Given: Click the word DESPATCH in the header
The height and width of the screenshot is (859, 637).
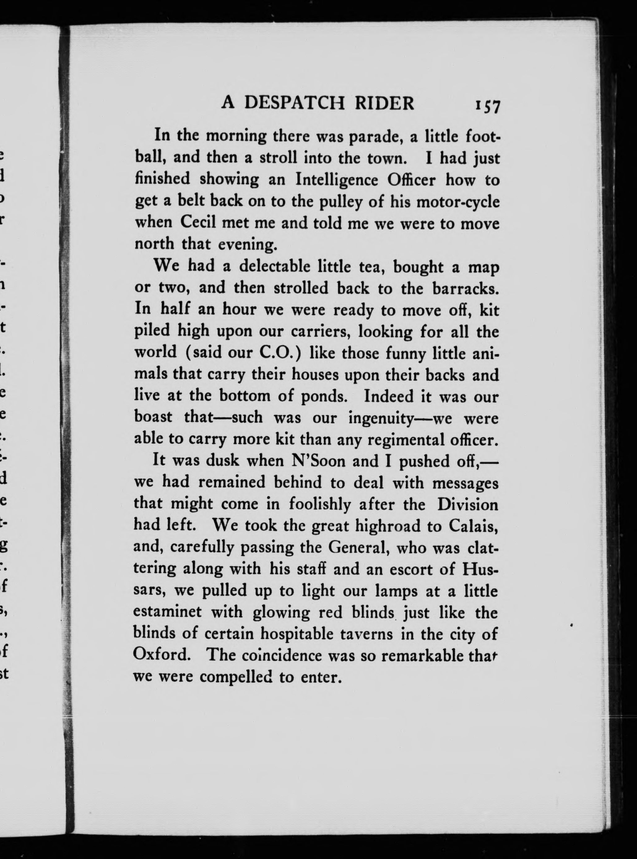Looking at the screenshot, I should coord(294,103).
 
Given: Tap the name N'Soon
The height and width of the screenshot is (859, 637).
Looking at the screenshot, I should coord(319,461).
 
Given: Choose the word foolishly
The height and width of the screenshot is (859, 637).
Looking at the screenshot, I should coord(320,504).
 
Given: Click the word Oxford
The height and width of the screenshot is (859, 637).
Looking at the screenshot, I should coord(161,655).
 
